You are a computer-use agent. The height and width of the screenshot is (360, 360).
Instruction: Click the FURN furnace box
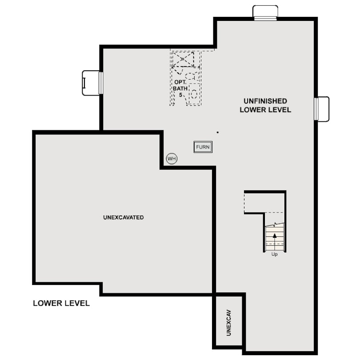(203, 147)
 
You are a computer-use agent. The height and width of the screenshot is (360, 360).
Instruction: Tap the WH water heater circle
(172, 158)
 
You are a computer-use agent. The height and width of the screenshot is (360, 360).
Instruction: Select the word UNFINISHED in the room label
(265, 101)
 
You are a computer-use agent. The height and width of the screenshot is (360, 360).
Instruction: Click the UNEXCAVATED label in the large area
(124, 218)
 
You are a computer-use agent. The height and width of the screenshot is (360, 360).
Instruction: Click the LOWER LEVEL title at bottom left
(61, 304)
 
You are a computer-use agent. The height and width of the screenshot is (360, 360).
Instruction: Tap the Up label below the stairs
(274, 255)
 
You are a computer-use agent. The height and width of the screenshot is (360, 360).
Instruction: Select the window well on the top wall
(265, 12)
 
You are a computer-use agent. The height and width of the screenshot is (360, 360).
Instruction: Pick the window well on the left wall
(91, 83)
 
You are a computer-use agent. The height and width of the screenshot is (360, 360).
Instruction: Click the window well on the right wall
(322, 109)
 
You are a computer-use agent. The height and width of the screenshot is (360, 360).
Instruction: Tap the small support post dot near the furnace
(217, 132)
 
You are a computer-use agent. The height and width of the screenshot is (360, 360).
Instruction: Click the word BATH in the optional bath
(180, 88)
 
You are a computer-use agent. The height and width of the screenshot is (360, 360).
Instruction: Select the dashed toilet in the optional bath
(191, 76)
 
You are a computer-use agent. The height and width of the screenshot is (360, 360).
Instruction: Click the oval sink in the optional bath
(194, 94)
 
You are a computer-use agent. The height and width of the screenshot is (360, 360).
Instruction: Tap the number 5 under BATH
(180, 95)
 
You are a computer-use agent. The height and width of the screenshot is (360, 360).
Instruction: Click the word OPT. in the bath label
(180, 83)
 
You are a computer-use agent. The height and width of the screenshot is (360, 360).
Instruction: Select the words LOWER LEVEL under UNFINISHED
(265, 110)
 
